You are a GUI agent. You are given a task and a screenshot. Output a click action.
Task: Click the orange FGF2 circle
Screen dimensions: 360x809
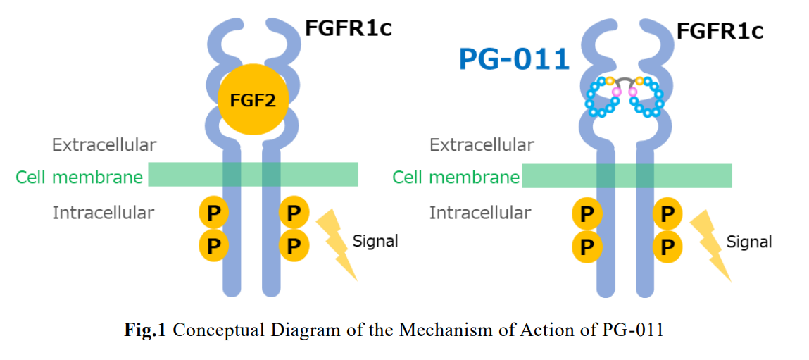pyautogui.click(x=252, y=100)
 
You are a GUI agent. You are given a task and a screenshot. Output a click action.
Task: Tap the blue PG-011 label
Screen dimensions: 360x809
pyautogui.click(x=513, y=58)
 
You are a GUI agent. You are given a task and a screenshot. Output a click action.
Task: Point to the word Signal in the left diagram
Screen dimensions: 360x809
pyautogui.click(x=375, y=241)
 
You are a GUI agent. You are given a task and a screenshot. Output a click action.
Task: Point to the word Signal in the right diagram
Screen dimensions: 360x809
pyautogui.click(x=749, y=242)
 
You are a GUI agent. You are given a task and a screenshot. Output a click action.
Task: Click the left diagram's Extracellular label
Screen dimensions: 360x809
pyautogui.click(x=104, y=145)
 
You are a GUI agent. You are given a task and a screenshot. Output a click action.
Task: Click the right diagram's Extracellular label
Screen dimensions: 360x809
pyautogui.click(x=482, y=145)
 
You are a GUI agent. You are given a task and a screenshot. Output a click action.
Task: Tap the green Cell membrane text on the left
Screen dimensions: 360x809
pyautogui.click(x=79, y=177)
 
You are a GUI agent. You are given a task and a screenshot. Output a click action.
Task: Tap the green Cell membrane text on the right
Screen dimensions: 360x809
pyautogui.click(x=456, y=177)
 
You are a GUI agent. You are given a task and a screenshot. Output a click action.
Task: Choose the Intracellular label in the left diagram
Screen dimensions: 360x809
pyautogui.click(x=103, y=212)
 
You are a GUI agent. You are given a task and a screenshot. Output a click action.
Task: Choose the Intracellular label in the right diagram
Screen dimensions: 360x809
pyautogui.click(x=480, y=212)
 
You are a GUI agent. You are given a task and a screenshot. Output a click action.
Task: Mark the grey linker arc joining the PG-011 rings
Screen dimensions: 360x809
pyautogui.click(x=625, y=82)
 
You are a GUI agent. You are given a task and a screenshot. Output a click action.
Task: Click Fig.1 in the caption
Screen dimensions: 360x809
pyautogui.click(x=144, y=330)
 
